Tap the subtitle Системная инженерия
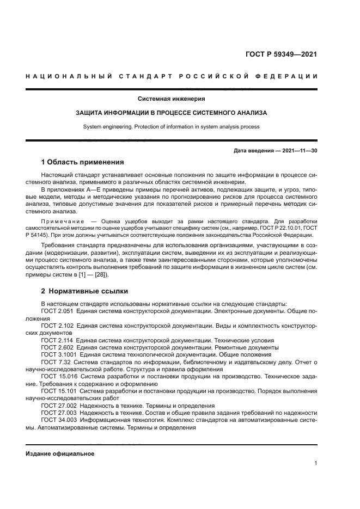coord(172,99)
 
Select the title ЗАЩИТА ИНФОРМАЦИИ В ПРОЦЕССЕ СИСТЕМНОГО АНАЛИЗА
coord(172,113)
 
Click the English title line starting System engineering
coord(172,127)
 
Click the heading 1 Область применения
coord(83,162)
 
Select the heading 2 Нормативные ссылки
coord(82,291)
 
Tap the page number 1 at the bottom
coord(316,463)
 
